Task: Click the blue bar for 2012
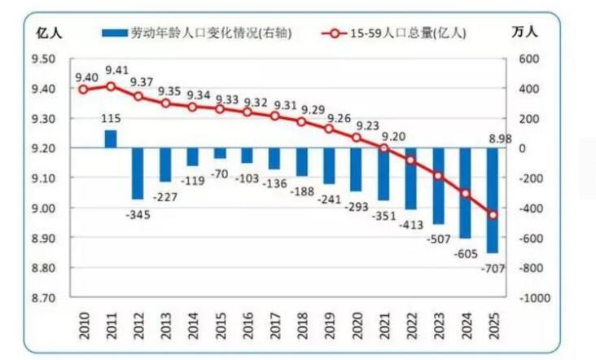138,173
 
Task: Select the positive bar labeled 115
111,138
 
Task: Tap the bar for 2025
493,200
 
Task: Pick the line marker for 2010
83,90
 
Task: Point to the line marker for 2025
493,215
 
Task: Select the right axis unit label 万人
526,33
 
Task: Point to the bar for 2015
220,153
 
